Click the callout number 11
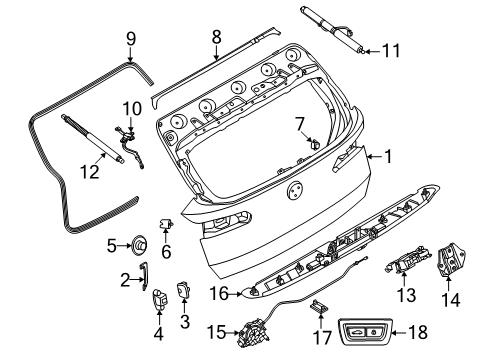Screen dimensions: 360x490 [391, 49]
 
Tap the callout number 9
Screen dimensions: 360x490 [129, 39]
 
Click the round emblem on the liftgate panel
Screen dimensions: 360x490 [296, 191]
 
